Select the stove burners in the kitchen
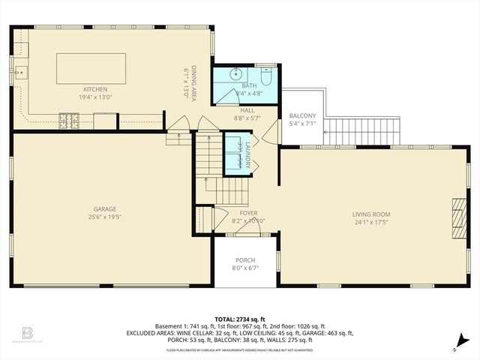(70, 117)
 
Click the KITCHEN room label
(95, 88)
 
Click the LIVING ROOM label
(371, 214)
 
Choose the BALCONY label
(302, 115)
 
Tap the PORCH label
(245, 260)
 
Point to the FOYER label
(248, 213)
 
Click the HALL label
(247, 109)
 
